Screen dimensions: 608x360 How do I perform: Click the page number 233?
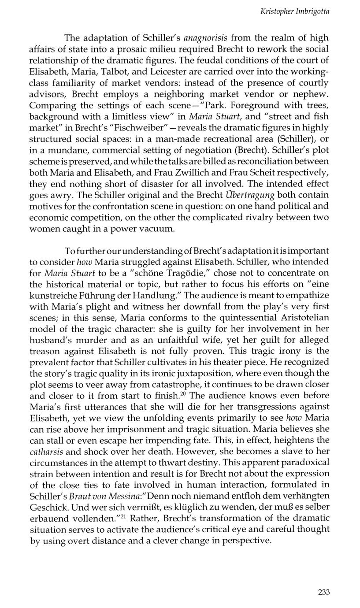[x=323, y=592]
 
